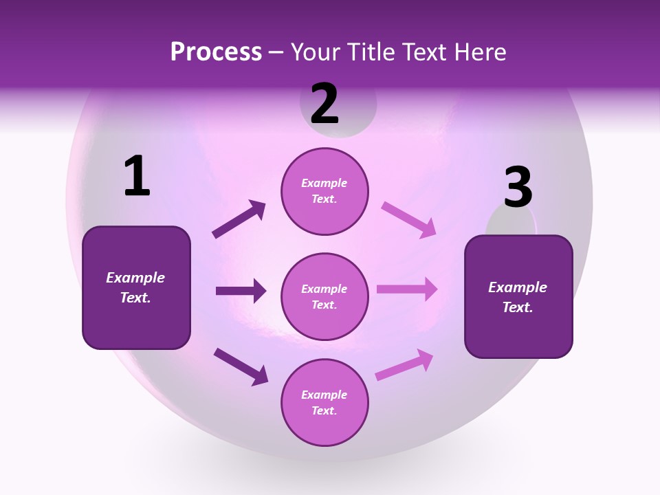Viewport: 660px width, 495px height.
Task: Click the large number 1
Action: (137, 177)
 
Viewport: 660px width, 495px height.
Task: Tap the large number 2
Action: (324, 104)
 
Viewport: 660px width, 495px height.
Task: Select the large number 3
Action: (518, 188)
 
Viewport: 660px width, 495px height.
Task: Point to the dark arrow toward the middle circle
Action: (241, 291)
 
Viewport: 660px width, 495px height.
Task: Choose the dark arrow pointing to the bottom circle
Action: (241, 366)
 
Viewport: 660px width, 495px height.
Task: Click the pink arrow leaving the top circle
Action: (408, 219)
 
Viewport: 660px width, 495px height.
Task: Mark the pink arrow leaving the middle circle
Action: (406, 289)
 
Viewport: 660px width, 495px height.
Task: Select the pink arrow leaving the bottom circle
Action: (404, 365)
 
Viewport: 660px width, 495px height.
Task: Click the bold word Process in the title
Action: (216, 52)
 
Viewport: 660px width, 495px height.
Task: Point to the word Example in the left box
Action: (135, 278)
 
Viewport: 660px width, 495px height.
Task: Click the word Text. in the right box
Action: (518, 307)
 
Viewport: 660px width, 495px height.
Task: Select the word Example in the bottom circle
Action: (324, 395)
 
